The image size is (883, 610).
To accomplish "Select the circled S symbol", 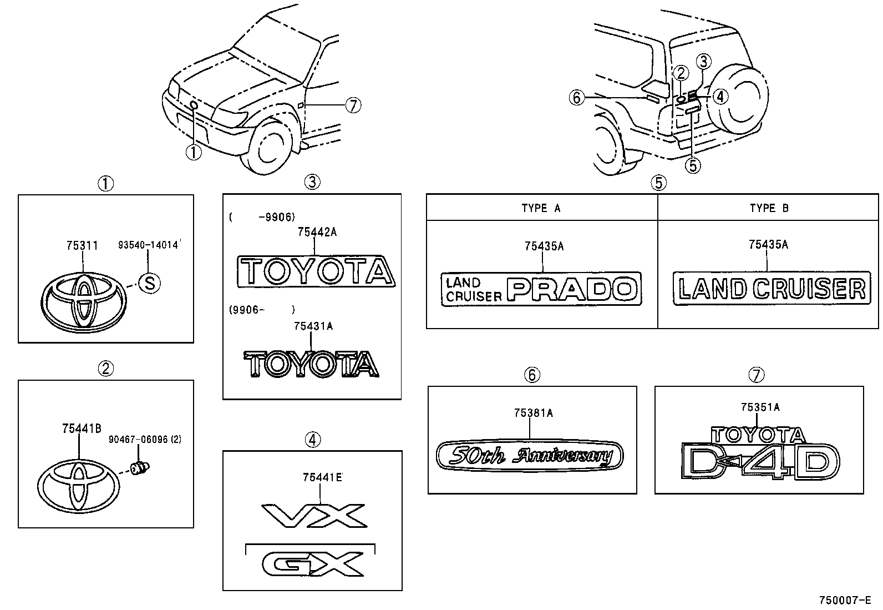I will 149,283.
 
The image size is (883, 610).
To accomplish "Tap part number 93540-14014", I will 149,245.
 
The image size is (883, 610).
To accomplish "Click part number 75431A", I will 313,326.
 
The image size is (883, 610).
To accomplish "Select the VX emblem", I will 314,516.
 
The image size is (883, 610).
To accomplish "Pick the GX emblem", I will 313,564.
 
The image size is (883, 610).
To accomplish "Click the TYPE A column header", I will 541,208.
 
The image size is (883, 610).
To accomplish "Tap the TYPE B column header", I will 769,208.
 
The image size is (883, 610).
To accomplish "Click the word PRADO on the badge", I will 573,289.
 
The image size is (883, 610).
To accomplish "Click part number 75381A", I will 533,413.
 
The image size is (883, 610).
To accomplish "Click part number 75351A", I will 760,407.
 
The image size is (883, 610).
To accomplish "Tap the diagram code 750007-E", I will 845,600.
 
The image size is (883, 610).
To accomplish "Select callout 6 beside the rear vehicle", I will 577,98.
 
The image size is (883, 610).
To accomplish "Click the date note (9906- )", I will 262,310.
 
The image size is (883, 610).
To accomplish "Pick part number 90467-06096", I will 144,440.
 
